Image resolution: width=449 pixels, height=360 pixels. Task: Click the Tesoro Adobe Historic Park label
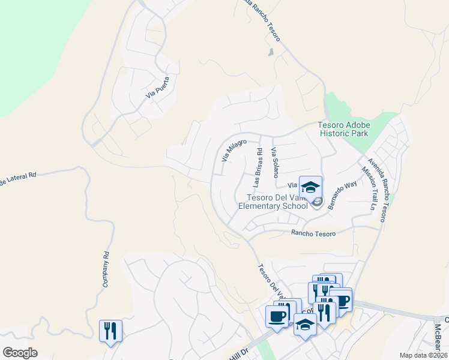click(x=344, y=129)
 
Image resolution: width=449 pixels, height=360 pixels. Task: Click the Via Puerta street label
click(x=158, y=88)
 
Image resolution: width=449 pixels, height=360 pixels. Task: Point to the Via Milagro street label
click(x=234, y=151)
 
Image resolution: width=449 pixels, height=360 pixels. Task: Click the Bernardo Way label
click(x=342, y=193)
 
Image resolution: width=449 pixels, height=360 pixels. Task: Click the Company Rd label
click(x=105, y=268)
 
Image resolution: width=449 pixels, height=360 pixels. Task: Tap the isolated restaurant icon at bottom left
click(x=110, y=331)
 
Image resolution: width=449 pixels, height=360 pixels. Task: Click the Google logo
click(x=20, y=353)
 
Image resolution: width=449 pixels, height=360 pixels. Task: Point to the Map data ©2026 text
click(x=423, y=355)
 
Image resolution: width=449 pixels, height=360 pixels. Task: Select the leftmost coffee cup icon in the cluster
click(x=277, y=317)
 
